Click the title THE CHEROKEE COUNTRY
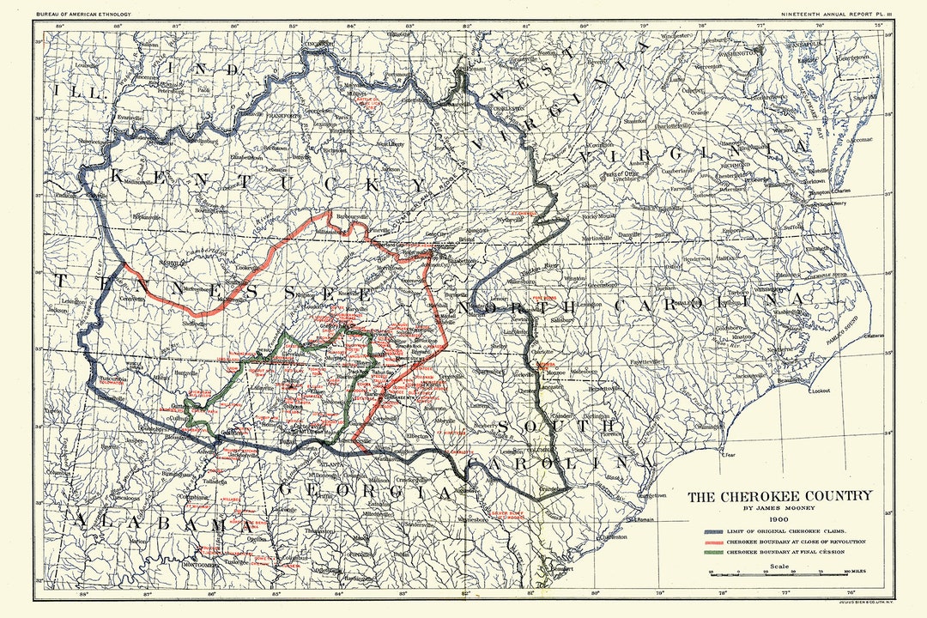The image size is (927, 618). (x=779, y=495)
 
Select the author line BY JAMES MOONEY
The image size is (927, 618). (x=779, y=508)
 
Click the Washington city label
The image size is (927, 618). (x=736, y=51)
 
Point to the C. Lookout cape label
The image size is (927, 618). (x=822, y=391)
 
